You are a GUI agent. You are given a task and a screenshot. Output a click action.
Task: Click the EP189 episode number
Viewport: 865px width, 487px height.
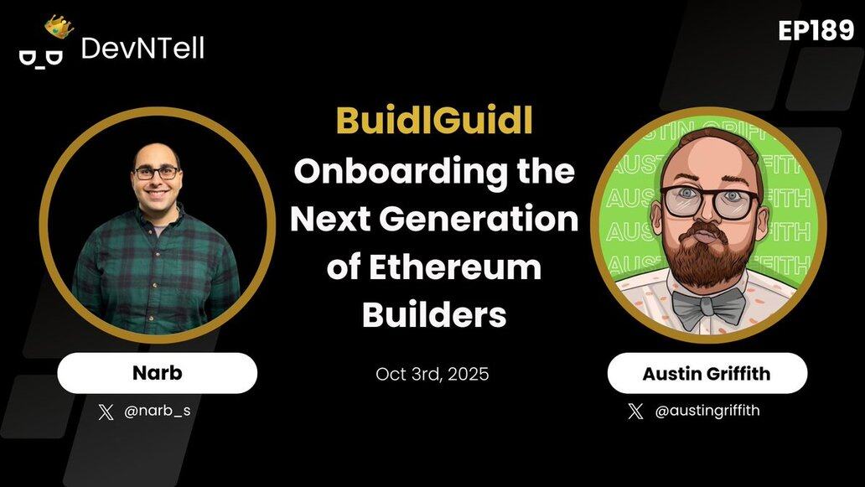816,31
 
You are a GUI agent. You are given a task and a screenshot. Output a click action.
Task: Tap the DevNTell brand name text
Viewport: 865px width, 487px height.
142,49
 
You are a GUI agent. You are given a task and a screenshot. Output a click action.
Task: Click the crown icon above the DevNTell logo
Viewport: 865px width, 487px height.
59,26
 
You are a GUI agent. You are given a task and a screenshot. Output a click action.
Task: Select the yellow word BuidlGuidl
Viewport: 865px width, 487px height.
434,121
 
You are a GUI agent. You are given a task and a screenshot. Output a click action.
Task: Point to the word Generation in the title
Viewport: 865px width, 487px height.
479,219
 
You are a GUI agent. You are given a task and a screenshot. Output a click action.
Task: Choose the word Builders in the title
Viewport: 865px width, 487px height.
434,314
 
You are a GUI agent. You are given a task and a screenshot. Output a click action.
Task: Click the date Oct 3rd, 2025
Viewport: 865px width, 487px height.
432,374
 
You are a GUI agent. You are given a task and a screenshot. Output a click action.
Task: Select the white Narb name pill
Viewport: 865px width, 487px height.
158,373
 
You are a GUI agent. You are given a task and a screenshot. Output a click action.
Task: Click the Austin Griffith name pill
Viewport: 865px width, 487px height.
707,373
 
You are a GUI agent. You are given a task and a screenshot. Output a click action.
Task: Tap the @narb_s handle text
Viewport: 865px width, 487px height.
158,412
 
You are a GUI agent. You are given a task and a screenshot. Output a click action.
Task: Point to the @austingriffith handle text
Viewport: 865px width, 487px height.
707,411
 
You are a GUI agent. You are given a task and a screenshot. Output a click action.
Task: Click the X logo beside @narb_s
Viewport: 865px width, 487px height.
106,412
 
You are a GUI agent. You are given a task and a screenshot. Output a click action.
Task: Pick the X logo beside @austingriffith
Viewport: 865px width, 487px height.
635,411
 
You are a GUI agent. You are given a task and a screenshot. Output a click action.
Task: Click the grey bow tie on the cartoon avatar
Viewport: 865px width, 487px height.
707,306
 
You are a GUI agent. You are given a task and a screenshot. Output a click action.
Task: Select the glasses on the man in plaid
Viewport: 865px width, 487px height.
157,173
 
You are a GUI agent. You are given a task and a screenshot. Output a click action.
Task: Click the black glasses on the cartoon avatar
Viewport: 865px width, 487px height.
710,202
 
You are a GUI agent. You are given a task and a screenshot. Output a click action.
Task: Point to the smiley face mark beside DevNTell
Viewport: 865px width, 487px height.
41,57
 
